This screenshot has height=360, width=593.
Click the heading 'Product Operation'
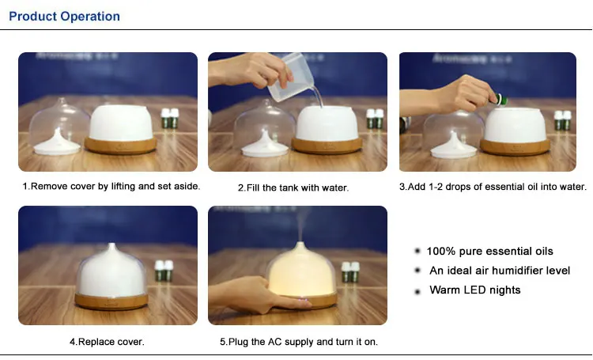[64, 17]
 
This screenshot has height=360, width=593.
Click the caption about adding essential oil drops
[493, 187]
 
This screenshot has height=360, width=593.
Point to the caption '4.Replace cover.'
[107, 342]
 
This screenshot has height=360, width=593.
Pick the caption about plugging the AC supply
[299, 342]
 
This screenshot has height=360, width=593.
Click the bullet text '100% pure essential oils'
[489, 252]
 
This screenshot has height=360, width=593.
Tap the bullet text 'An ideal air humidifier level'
[500, 271]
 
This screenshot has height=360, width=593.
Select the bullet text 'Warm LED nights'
[475, 290]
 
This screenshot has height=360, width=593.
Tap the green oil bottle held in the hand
[499, 100]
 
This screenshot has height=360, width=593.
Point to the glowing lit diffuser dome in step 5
[300, 271]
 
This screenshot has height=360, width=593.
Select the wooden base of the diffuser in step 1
[121, 145]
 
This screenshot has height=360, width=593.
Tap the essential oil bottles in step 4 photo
[164, 271]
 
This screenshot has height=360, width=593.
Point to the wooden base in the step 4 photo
[111, 301]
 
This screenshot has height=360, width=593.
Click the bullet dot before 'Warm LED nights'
[417, 291]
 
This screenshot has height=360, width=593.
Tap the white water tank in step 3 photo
[515, 125]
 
